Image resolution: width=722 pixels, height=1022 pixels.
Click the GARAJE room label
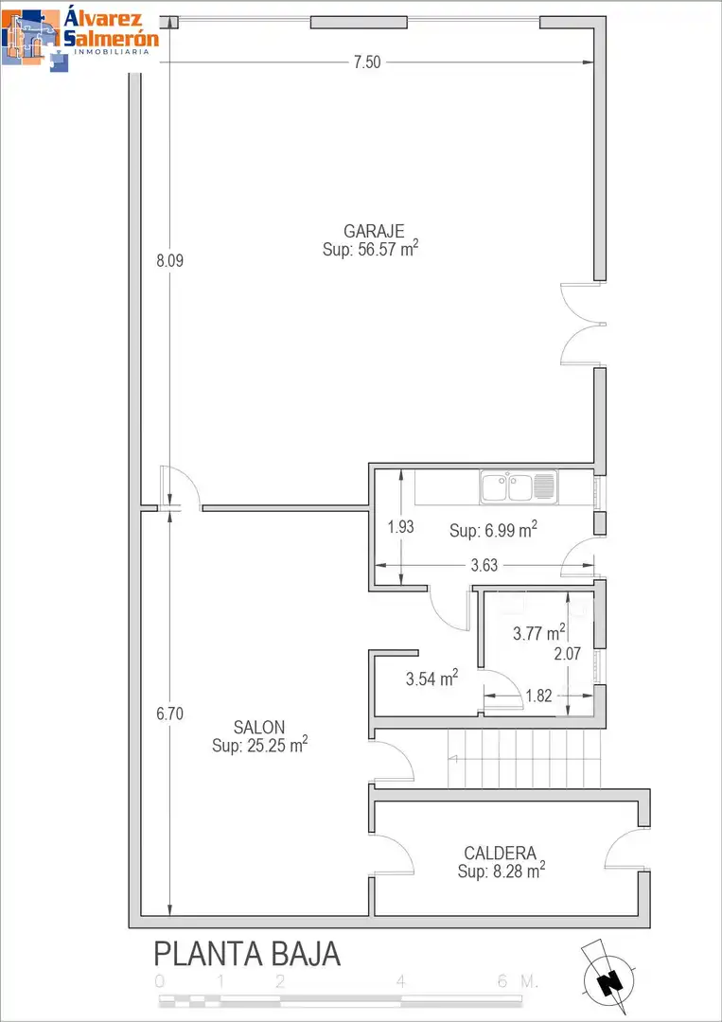click(374, 231)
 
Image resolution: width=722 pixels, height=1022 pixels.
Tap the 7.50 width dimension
click(367, 62)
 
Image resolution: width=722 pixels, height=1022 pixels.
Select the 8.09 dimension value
click(170, 261)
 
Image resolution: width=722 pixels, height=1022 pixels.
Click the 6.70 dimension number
click(169, 714)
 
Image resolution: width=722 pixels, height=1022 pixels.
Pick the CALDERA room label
click(501, 854)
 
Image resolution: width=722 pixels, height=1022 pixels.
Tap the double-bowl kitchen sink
click(519, 487)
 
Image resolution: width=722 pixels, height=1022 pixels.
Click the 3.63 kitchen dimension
click(484, 565)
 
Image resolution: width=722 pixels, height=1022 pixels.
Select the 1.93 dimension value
click(401, 527)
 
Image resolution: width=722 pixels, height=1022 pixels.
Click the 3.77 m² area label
click(538, 632)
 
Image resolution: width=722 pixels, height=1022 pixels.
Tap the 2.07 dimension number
click(566, 655)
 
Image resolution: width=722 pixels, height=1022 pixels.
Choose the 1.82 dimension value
click(538, 696)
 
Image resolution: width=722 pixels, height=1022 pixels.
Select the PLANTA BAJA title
click(248, 954)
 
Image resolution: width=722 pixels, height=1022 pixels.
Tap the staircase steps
click(524, 759)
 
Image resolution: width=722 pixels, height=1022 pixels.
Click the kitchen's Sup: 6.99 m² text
click(493, 530)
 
